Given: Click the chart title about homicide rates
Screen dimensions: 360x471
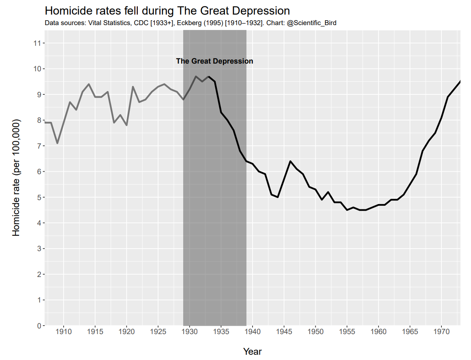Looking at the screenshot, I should tap(167, 11).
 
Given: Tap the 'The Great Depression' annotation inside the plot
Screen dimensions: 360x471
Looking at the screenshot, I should tap(214, 61).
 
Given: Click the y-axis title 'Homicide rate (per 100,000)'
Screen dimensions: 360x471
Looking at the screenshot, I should tap(16, 178).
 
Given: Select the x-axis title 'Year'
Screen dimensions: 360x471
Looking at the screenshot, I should tap(252, 351).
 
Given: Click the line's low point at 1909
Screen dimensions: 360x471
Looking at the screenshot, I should tap(57, 143).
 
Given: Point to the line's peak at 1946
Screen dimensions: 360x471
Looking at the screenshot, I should tap(290, 161).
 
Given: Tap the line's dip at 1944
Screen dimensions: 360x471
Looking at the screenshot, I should tap(278, 197).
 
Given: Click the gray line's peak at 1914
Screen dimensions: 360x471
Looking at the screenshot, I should tap(89, 84).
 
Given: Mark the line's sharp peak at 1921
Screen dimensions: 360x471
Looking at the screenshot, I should tap(133, 87).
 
